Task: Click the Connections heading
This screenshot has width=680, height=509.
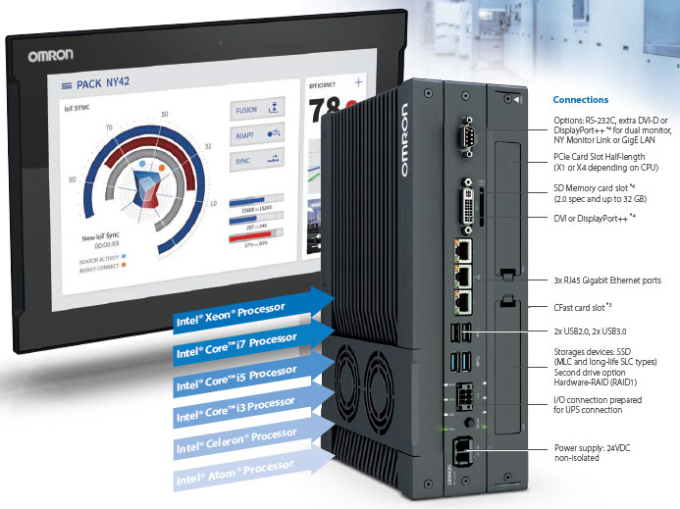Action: point(580,100)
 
